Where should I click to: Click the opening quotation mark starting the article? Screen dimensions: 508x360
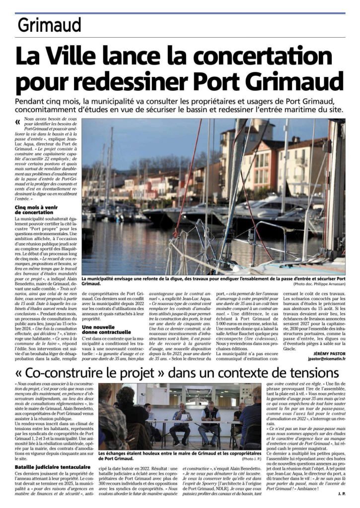tap(18, 121)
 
